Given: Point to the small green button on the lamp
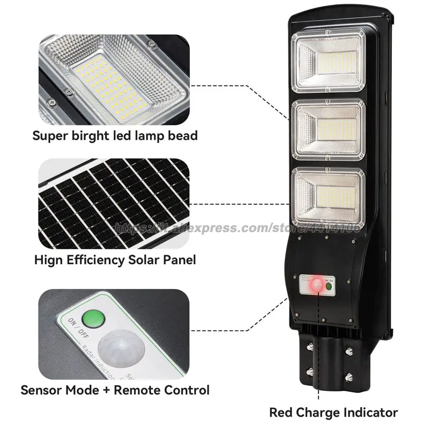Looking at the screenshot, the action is [329, 286].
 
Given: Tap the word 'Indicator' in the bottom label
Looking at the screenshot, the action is [366, 411].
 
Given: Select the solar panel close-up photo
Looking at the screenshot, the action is [113, 203].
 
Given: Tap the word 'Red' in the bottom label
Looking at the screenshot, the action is [282, 411].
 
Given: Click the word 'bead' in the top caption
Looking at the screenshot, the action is [183, 136].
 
